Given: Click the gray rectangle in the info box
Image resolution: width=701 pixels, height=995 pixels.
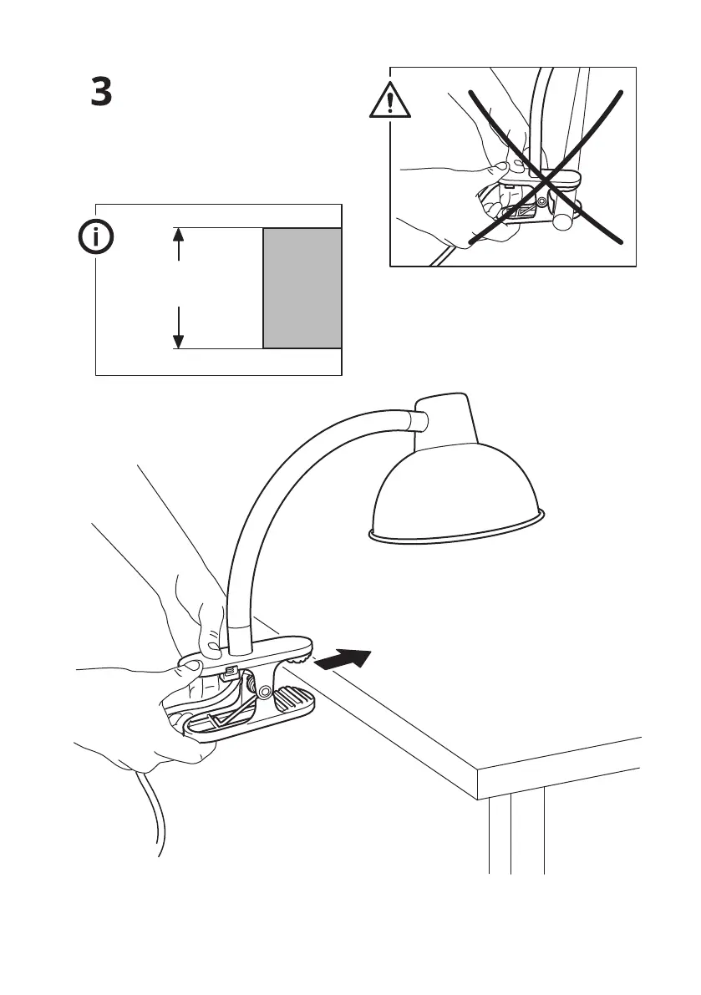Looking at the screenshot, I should point(302,287).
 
